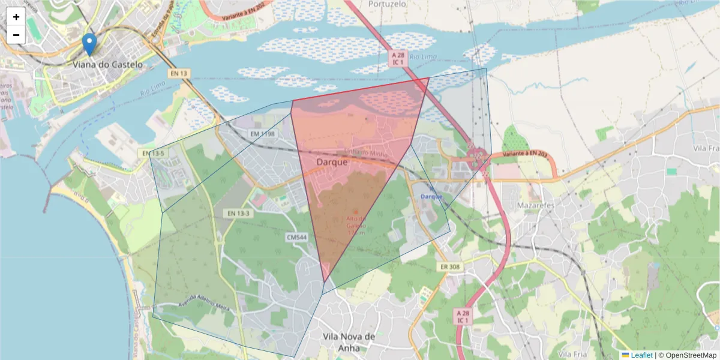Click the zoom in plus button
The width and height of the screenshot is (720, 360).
[16, 17]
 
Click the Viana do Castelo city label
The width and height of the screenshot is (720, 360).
[108, 64]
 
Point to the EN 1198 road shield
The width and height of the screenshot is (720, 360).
[262, 134]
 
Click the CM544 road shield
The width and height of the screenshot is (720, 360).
[296, 238]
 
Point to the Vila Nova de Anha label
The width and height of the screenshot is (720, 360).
[349, 342]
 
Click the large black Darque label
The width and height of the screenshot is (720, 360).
[332, 162]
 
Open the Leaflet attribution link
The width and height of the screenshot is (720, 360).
[641, 355]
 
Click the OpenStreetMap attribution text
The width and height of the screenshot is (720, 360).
[687, 355]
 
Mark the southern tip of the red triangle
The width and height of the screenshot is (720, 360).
[325, 282]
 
